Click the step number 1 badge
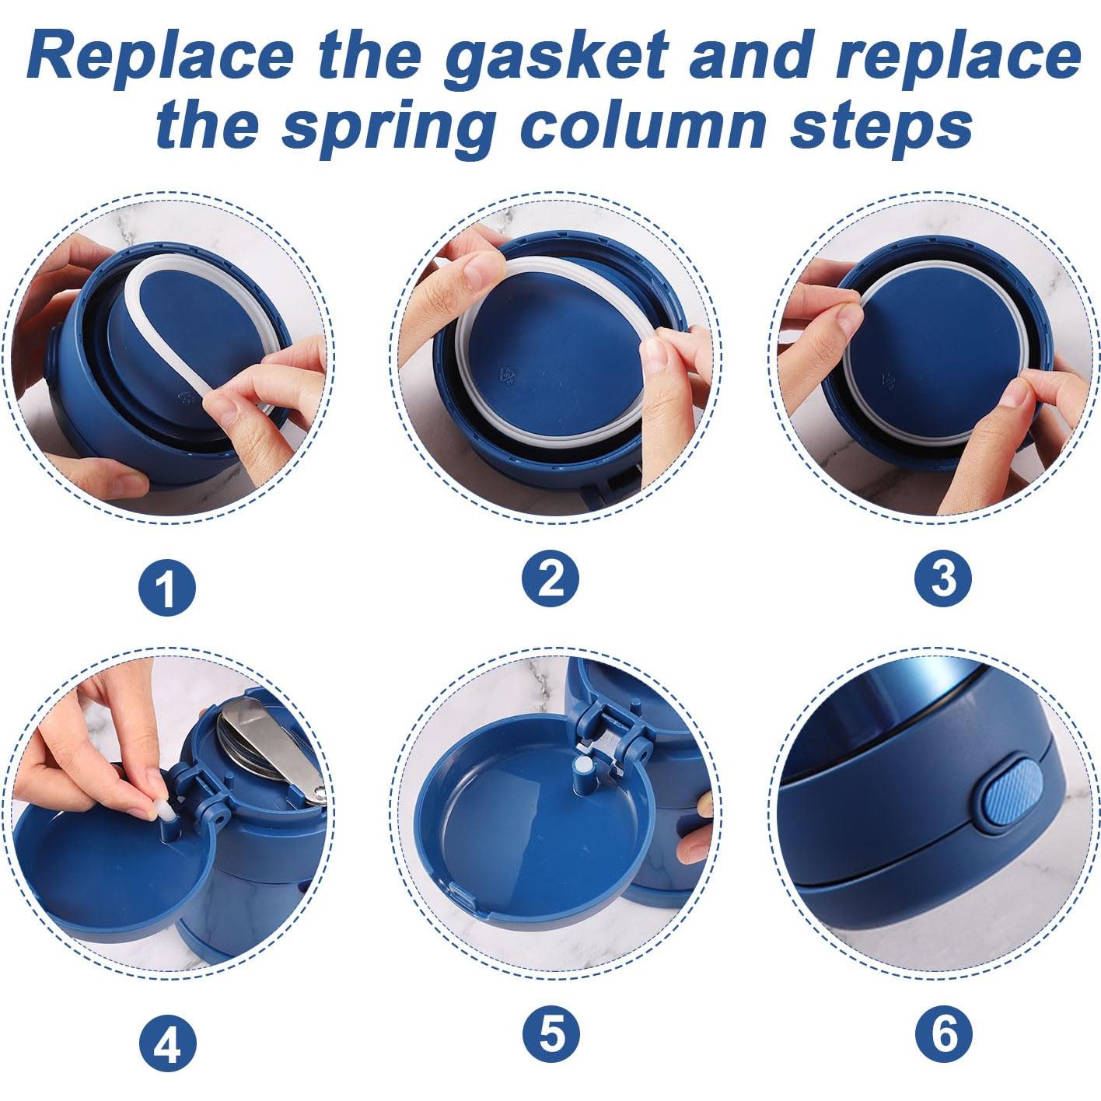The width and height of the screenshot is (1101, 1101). [x=167, y=589]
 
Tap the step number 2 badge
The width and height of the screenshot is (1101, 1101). [x=550, y=579]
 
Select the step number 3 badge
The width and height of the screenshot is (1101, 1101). [x=943, y=579]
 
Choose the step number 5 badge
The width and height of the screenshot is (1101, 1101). [x=550, y=1034]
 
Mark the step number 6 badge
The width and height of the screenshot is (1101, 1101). [x=943, y=1034]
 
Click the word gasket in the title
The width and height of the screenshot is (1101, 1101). [x=555, y=56]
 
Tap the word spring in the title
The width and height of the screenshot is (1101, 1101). [x=389, y=126]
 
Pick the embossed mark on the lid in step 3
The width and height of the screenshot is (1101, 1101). [x=887, y=379]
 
